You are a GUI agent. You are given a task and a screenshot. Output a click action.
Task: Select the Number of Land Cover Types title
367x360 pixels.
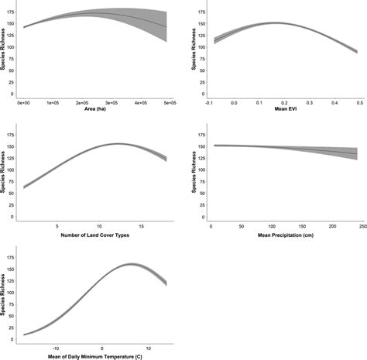pyautogui.click(x=94, y=235)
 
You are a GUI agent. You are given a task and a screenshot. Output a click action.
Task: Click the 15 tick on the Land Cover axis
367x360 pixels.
pyautogui.click(x=146, y=226)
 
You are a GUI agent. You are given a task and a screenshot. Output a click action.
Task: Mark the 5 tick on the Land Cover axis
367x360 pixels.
pyautogui.click(x=57, y=226)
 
